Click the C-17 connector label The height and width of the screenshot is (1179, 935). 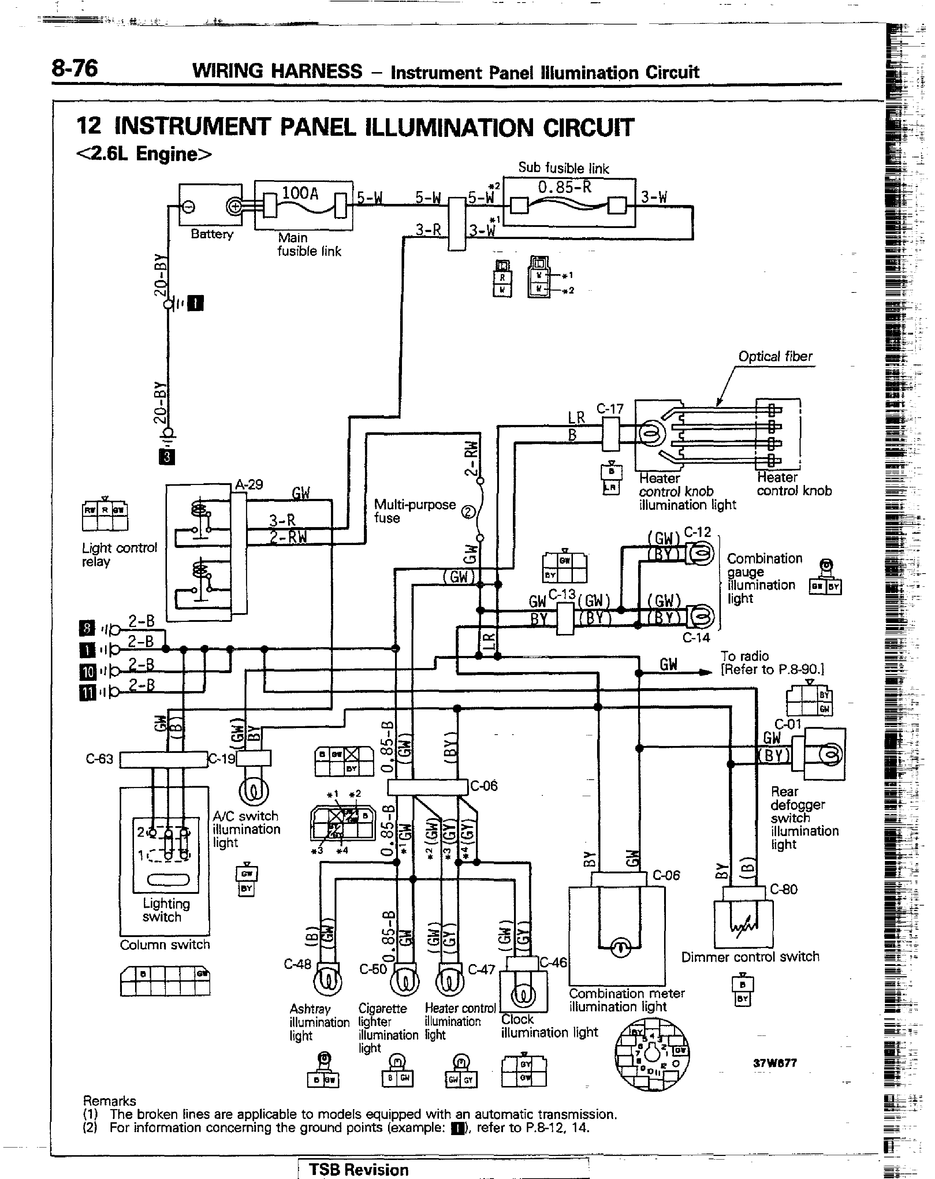click(610, 409)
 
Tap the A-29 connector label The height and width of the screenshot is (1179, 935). click(249, 485)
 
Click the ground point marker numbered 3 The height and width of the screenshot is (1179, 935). click(167, 456)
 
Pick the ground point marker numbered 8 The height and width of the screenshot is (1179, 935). click(87, 628)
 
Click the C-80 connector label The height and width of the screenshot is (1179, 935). click(783, 889)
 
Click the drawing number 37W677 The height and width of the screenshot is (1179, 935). click(775, 1063)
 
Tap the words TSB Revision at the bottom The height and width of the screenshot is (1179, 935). click(359, 1170)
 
